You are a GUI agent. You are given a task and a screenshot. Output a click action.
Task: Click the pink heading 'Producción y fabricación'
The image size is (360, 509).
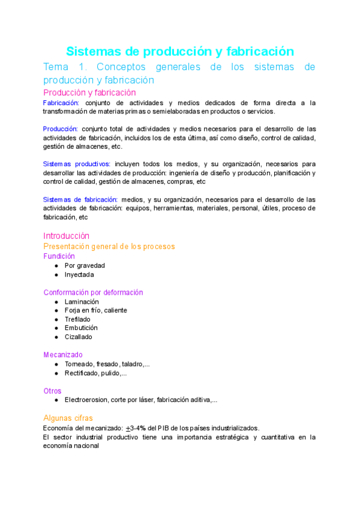(89, 92)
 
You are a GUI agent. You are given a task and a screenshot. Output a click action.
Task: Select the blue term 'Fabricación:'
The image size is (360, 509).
(61, 103)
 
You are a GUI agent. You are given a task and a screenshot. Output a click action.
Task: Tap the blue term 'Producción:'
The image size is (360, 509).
(61, 128)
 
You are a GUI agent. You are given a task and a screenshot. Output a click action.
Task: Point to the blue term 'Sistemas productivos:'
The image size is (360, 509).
(77, 164)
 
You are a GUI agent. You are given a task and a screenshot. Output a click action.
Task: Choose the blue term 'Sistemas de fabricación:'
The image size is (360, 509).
(80, 199)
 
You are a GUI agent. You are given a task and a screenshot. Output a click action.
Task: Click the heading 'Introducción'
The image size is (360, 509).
(66, 236)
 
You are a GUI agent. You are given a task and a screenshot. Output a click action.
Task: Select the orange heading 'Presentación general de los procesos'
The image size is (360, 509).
(109, 247)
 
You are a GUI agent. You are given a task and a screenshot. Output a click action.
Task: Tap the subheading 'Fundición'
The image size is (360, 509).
(59, 256)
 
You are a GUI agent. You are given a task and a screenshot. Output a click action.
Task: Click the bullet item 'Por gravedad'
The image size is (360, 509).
(85, 265)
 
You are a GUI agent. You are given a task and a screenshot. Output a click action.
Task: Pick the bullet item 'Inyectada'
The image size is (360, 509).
(79, 274)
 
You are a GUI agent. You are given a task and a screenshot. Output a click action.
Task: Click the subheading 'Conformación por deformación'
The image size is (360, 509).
(93, 292)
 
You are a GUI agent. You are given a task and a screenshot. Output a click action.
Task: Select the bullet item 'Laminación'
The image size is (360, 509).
(82, 301)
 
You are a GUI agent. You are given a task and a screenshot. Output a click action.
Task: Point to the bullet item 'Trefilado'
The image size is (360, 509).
(77, 319)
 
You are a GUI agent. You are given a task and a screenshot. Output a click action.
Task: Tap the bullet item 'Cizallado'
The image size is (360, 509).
(79, 337)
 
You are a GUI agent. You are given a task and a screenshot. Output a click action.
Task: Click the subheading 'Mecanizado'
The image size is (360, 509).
(63, 355)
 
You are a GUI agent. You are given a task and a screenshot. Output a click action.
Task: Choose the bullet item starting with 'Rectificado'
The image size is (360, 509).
(95, 373)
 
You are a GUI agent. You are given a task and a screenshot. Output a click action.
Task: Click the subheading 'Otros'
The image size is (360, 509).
(52, 391)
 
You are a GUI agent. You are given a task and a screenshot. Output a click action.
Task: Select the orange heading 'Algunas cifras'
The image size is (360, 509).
(68, 418)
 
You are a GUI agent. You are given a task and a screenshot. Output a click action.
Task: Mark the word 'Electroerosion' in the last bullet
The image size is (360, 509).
(88, 400)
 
